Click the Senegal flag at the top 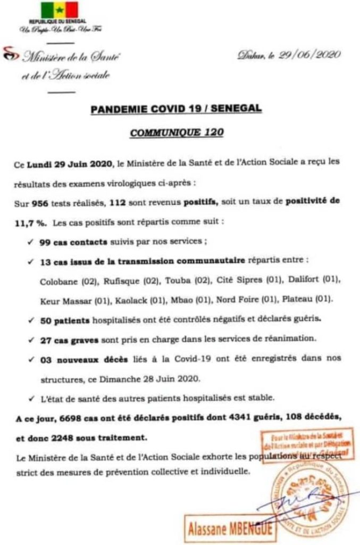[x=59, y=9]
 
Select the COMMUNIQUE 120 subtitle [x=178, y=131]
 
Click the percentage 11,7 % [x=28, y=221]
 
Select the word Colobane [x=57, y=280]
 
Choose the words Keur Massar [x=65, y=300]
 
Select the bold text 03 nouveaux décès [x=83, y=360]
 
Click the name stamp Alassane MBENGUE [x=229, y=529]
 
